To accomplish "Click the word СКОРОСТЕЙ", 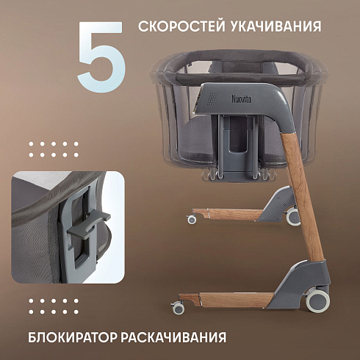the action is coord(181,26).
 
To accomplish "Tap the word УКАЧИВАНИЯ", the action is coord(276,26).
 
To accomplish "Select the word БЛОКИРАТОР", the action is coord(73,337).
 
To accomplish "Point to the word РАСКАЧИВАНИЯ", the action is coord(173,337).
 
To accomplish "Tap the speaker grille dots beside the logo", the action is coord(213,98).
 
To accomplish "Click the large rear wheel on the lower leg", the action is coord(318,301).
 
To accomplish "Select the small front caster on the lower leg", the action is coord(179,308).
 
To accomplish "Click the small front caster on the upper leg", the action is coord(192,219).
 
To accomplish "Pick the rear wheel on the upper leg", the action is coord(293,217).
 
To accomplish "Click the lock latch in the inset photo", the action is coord(88,226).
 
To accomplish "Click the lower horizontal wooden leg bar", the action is coord(226,300).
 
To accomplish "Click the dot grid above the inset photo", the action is coord(54,149).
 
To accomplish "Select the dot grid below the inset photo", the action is coord(54,306).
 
